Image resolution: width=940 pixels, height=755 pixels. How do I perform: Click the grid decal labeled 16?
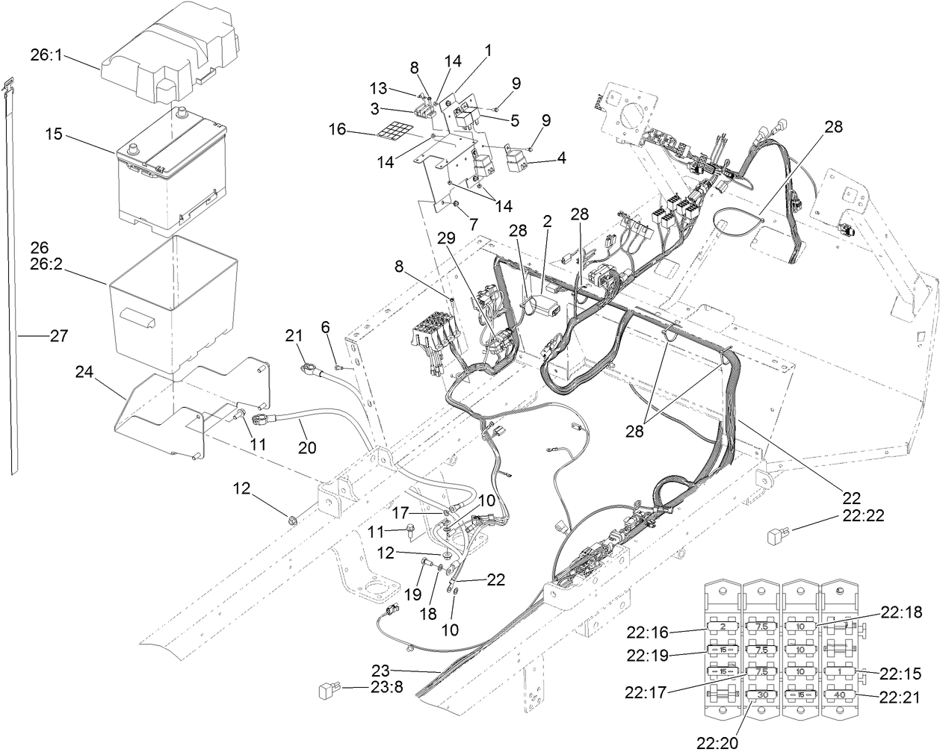coord(397,134)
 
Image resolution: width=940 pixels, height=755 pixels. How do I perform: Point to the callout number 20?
coord(306,448)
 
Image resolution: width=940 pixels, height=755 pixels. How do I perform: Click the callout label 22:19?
coord(646,656)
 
